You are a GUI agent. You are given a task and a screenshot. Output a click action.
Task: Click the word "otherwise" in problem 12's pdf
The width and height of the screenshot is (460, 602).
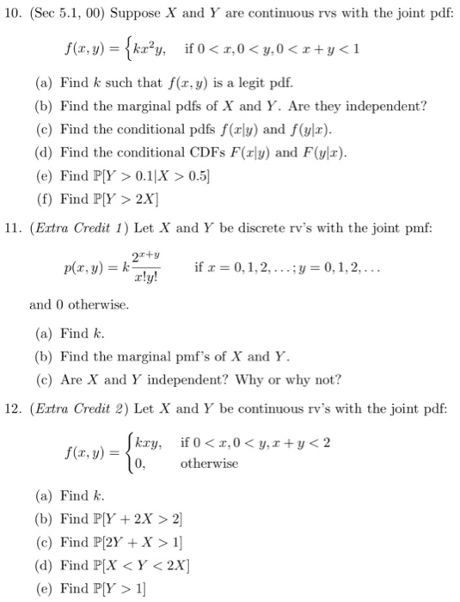[x=210, y=463]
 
